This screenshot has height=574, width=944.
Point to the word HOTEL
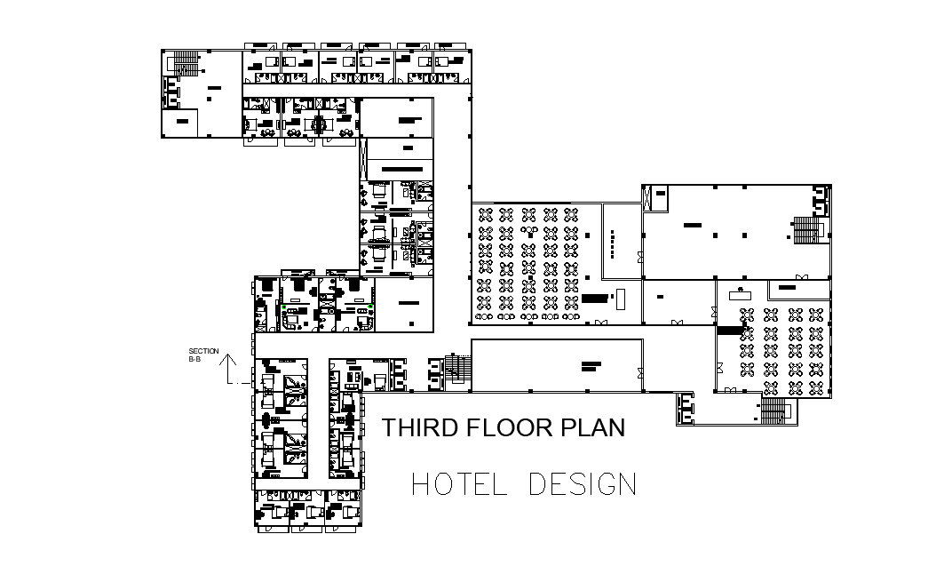[x=459, y=484]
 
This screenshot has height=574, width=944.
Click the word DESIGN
[x=583, y=484]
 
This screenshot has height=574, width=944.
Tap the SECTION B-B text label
[x=203, y=355]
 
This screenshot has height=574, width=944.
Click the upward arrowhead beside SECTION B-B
[x=228, y=360]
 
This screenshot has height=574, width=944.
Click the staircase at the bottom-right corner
[x=774, y=410]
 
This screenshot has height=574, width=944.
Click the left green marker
[x=283, y=307]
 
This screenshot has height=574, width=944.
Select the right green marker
[x=370, y=307]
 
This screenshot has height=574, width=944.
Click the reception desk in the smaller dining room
[x=742, y=291]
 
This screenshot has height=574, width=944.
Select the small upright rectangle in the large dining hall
[x=622, y=298]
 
